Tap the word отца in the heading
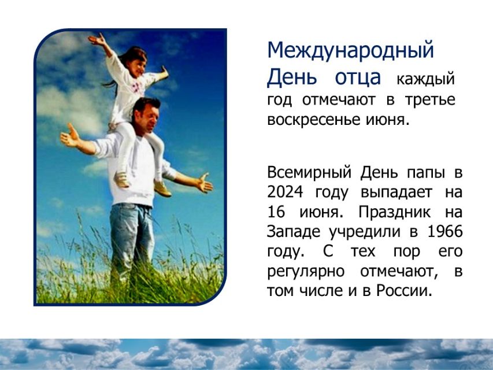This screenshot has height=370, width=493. [x=358, y=77]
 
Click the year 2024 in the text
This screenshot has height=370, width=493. [x=285, y=192]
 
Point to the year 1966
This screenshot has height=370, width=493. [x=445, y=231]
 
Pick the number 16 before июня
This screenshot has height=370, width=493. [x=276, y=212]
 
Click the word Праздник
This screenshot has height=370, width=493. [x=395, y=212]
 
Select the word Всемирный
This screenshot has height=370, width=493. [x=309, y=172]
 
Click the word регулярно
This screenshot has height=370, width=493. [x=306, y=272]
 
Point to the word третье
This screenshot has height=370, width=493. [x=430, y=100]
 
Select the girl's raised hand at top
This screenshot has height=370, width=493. [x=97, y=40]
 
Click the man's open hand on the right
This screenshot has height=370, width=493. [x=204, y=183]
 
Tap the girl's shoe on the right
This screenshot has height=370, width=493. [x=162, y=188]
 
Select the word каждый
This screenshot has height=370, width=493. [x=426, y=79]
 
